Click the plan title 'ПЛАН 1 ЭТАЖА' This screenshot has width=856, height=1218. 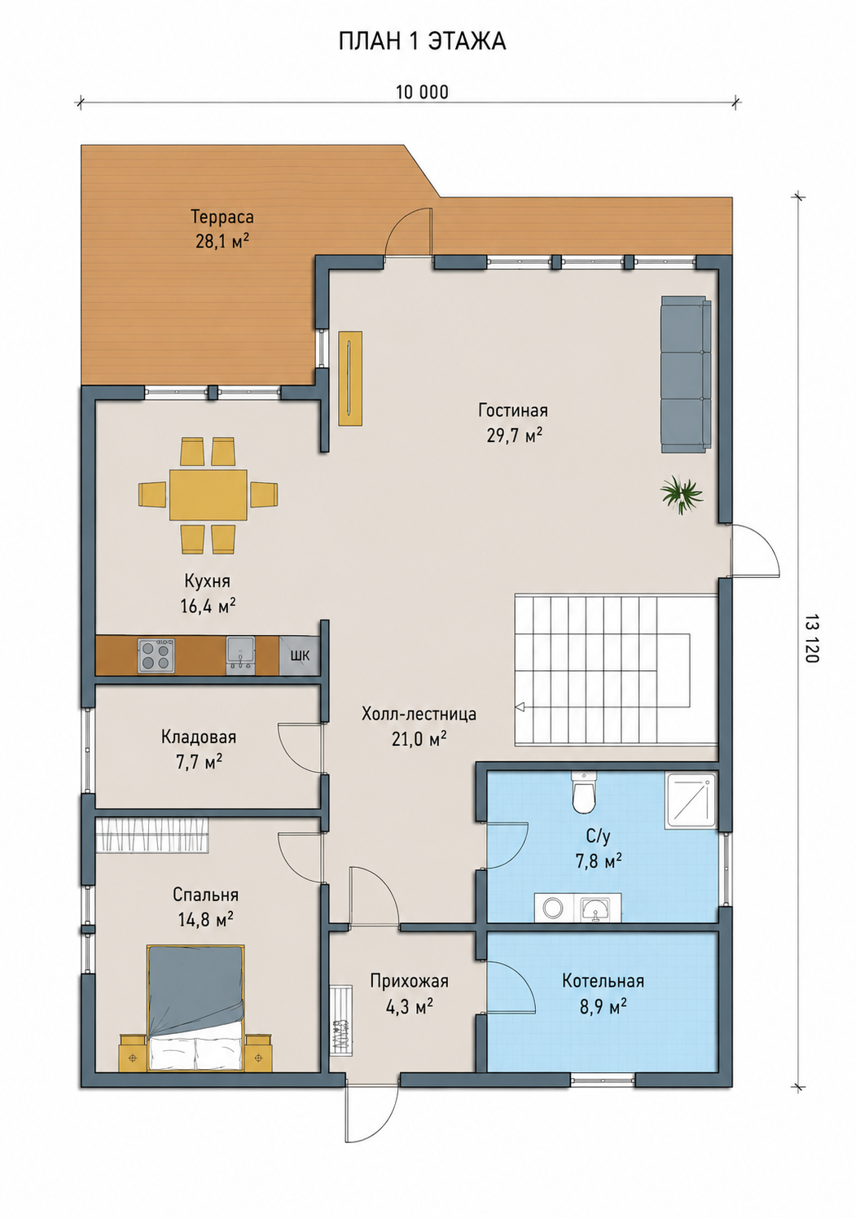(422, 42)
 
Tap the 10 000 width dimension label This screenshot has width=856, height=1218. (423, 93)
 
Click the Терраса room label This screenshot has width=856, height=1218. (222, 217)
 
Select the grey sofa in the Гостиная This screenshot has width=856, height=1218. (687, 374)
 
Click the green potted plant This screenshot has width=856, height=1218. (681, 493)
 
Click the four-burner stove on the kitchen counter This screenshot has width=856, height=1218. (156, 655)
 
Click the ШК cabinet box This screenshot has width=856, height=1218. (299, 655)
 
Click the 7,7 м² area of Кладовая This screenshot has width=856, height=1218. (199, 760)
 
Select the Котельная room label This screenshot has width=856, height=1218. (604, 981)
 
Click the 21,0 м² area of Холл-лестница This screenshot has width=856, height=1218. (419, 738)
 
